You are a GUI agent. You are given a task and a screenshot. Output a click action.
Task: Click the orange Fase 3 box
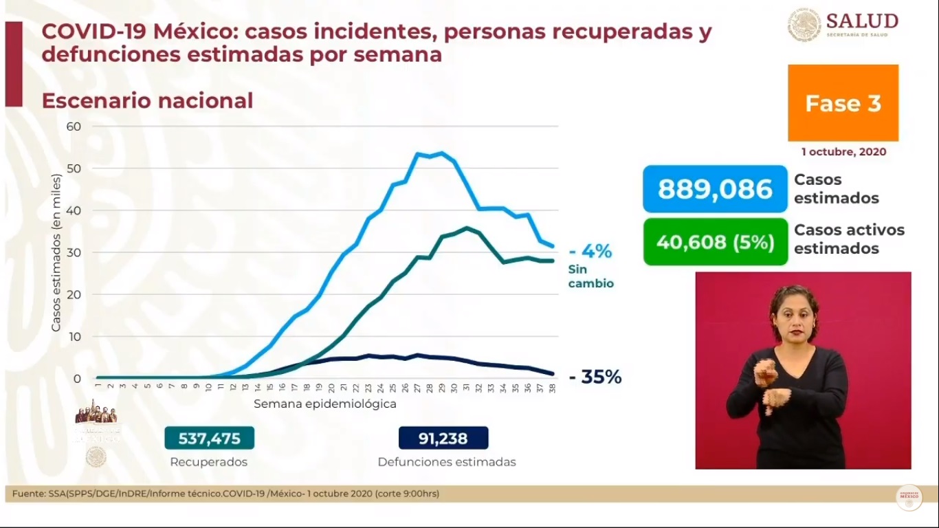coord(843,103)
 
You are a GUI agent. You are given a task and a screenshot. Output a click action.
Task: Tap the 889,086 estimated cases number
coord(715,189)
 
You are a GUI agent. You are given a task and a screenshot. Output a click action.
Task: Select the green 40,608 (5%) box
coord(715,242)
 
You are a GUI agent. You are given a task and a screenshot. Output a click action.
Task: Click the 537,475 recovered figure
coord(209,438)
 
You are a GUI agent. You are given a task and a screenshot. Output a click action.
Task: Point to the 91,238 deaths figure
coord(443,438)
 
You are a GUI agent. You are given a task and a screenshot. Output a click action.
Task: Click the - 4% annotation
coord(590,251)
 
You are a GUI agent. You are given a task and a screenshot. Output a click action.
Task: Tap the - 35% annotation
coord(595,377)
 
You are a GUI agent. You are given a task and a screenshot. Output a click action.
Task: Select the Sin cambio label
coord(590,276)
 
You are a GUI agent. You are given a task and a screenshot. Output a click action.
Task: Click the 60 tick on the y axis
coord(74,126)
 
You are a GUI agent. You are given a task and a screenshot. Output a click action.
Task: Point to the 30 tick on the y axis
coord(74,252)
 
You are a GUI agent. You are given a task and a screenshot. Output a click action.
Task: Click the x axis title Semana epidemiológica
coord(324,404)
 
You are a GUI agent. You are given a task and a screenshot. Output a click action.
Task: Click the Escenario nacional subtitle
coord(147,100)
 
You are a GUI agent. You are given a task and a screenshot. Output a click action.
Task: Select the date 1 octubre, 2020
coord(843,152)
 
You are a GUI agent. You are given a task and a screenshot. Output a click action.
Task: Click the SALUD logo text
coord(862,21)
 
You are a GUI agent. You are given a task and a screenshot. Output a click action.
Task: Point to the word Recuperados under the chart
coord(208,462)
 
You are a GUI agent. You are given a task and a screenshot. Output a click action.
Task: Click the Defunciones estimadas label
coord(446,462)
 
